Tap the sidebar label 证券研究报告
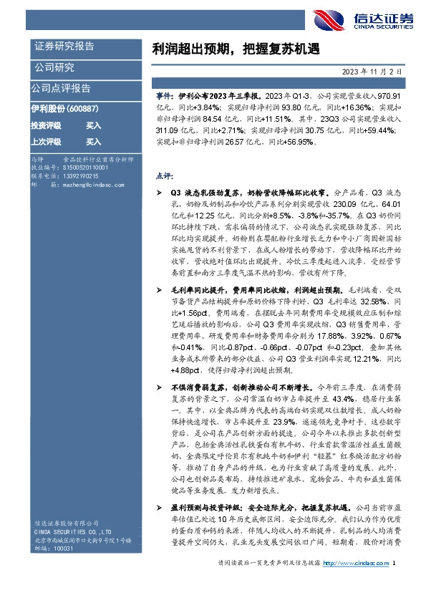[64, 47]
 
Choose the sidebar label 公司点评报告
[61, 88]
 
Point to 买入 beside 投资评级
[93, 125]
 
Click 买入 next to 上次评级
[93, 142]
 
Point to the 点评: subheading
[163, 175]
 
